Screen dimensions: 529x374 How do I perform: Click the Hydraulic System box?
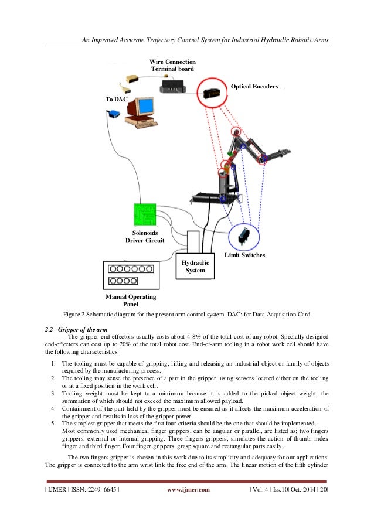point(196,267)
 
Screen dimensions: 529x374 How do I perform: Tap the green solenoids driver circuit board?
point(145,215)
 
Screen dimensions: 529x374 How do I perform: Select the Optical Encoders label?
point(254,86)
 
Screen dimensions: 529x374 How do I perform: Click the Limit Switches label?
point(245,256)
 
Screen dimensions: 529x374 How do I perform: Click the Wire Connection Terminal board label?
point(172,65)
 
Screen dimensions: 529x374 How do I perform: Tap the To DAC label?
point(116,100)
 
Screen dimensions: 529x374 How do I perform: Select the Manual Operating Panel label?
point(130,301)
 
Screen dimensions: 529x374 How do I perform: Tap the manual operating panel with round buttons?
point(130,272)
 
